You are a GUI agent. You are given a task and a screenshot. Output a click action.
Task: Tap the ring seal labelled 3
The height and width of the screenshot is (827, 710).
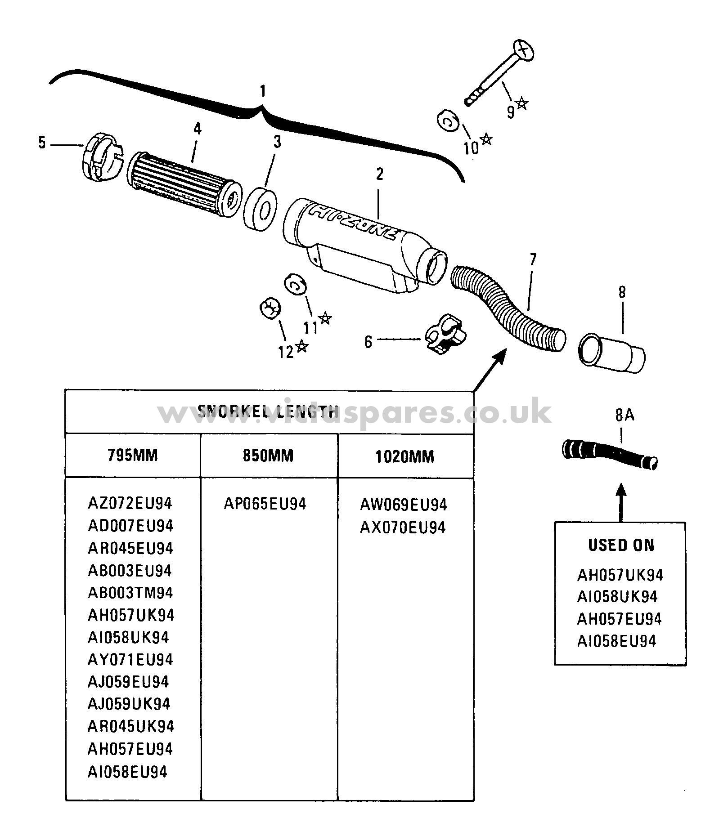pyautogui.click(x=260, y=209)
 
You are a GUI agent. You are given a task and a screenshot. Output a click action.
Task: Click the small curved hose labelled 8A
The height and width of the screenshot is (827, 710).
pyautogui.click(x=610, y=454)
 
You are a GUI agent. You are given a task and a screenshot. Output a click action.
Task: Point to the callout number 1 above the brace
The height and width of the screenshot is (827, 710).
pyautogui.click(x=262, y=92)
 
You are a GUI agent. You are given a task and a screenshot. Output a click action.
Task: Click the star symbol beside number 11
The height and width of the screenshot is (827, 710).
pyautogui.click(x=325, y=318)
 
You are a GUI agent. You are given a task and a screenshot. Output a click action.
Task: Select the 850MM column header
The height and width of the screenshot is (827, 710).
pyautogui.click(x=268, y=456)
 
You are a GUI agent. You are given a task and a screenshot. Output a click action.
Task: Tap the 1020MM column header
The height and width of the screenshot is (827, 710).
pyautogui.click(x=404, y=457)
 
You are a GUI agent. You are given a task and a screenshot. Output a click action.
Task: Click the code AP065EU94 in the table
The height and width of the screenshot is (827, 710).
pyautogui.click(x=265, y=504)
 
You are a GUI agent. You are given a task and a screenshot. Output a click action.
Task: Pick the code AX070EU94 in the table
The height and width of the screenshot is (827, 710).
pyautogui.click(x=403, y=527)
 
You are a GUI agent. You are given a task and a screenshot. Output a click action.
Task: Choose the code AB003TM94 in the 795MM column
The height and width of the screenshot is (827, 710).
pyautogui.click(x=130, y=593)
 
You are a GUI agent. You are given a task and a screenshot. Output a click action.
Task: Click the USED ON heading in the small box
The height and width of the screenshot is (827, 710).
pyautogui.click(x=621, y=545)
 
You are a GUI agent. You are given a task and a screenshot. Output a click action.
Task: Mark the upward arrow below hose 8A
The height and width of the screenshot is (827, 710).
pyautogui.click(x=621, y=501)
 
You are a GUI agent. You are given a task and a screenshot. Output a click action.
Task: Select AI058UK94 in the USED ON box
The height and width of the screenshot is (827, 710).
pyautogui.click(x=617, y=597)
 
